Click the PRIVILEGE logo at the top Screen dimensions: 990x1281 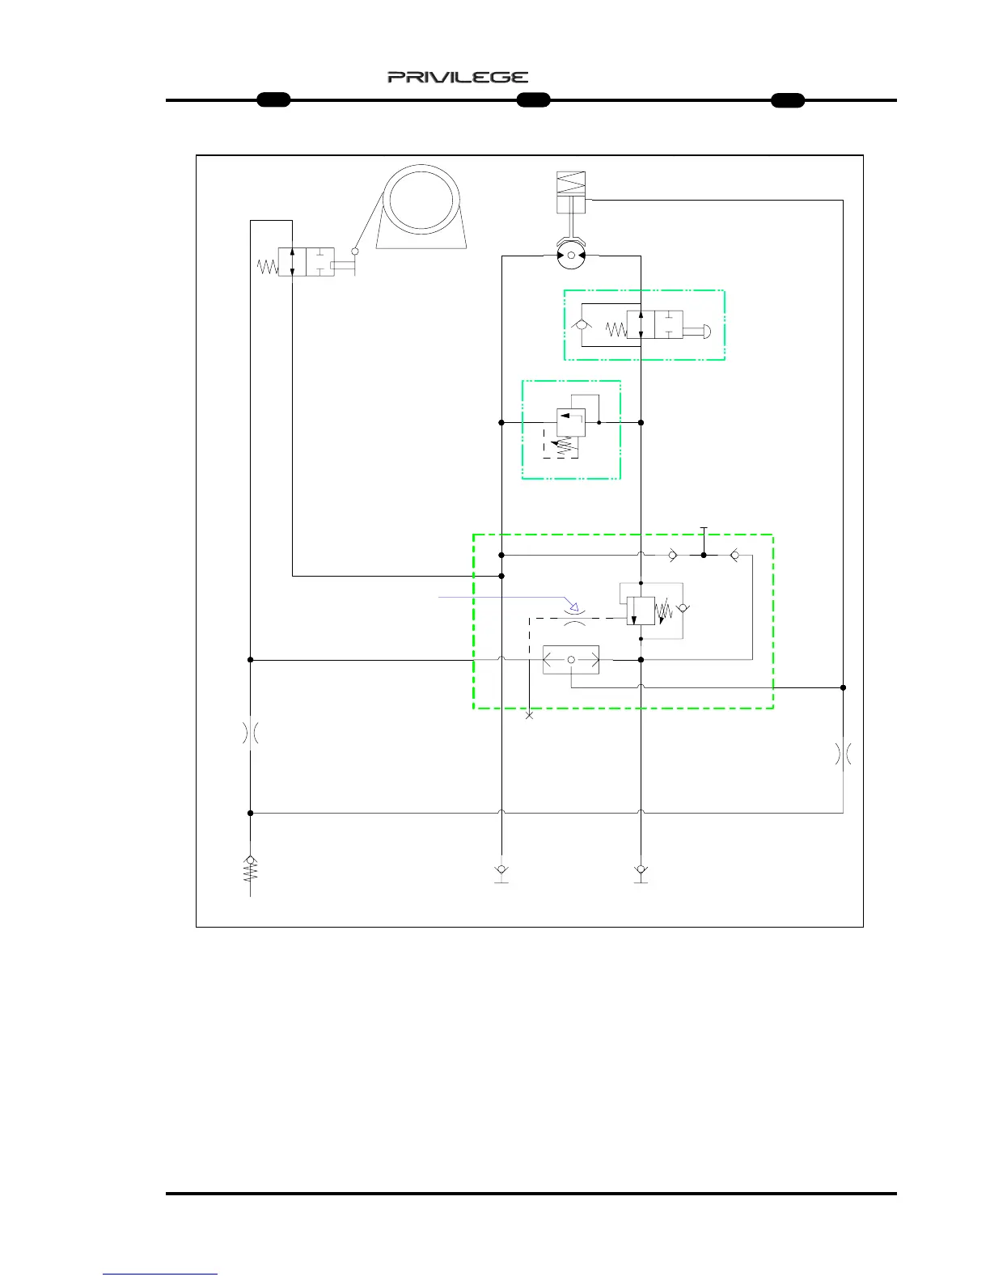click(458, 78)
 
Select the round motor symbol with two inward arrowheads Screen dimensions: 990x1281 click(570, 256)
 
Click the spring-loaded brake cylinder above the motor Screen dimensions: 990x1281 click(570, 192)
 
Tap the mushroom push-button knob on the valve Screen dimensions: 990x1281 click(705, 330)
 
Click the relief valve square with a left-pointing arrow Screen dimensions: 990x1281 click(571, 422)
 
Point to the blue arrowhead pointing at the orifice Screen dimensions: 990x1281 click(573, 606)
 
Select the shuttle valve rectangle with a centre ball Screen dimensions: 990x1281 click(571, 660)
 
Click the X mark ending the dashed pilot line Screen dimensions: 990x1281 click(530, 716)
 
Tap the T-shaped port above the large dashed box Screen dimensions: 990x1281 click(704, 530)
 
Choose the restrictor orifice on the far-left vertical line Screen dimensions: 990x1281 click(251, 733)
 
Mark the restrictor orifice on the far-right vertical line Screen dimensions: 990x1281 click(843, 755)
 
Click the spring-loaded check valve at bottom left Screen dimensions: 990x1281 click(251, 869)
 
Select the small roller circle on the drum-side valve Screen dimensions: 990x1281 click(354, 252)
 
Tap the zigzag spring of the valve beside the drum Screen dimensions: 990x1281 click(267, 265)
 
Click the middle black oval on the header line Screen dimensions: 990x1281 click(533, 100)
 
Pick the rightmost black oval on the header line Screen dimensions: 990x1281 click(787, 100)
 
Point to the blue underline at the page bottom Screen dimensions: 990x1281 click(160, 1275)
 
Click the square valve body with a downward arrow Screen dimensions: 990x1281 click(641, 611)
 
